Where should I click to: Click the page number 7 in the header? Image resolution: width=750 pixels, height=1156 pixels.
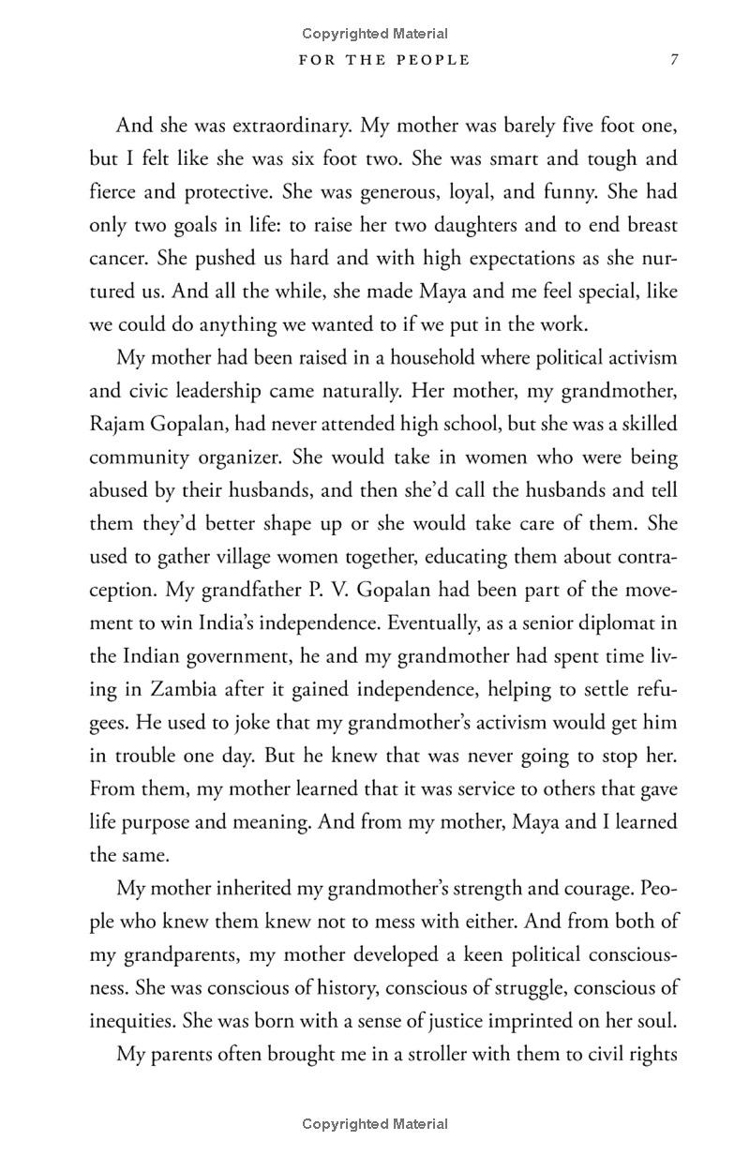[673, 60]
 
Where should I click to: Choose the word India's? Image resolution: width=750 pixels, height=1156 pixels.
[206, 623]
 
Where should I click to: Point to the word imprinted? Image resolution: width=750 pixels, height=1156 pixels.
[514, 1020]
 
